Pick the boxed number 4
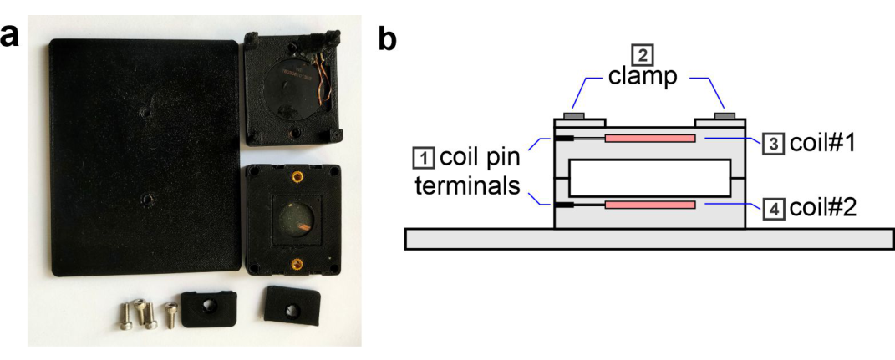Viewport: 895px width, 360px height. coord(772,210)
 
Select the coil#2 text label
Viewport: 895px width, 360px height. coord(822,210)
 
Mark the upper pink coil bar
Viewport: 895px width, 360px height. coord(650,139)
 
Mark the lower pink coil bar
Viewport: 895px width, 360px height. coord(650,205)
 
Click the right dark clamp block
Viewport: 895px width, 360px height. coord(725,116)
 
